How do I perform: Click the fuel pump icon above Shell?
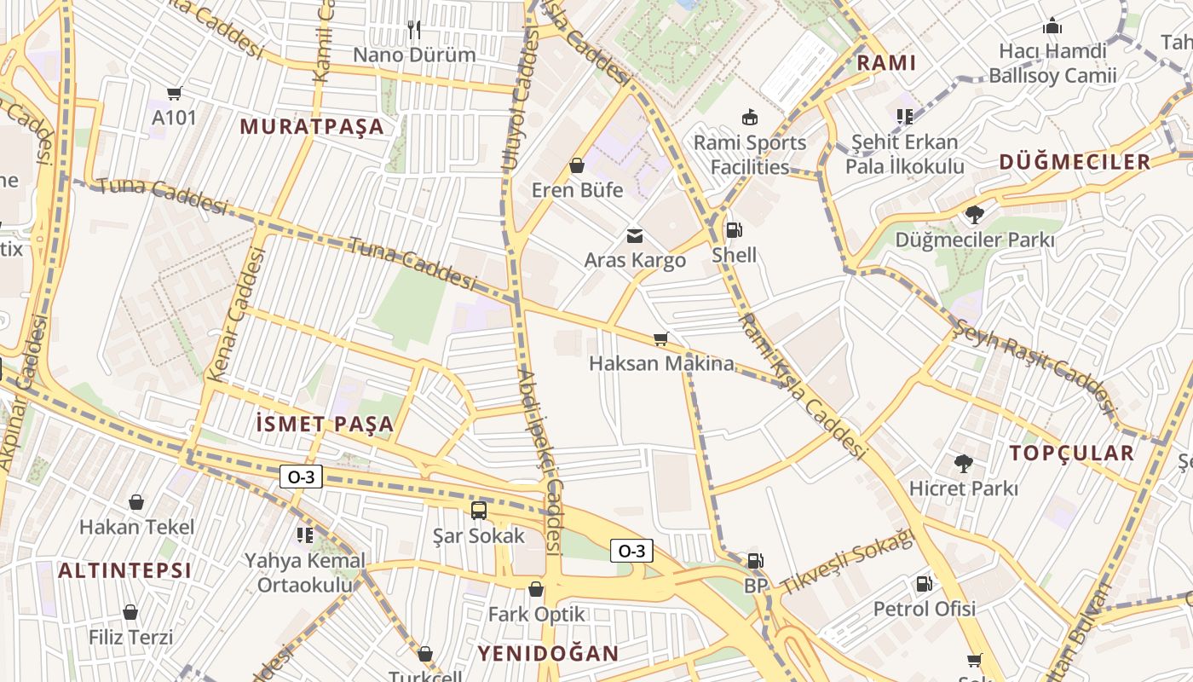click(733, 230)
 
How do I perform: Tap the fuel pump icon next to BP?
click(755, 561)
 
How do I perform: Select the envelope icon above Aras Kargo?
click(635, 236)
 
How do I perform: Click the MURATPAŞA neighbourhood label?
click(312, 127)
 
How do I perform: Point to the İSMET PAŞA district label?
click(325, 424)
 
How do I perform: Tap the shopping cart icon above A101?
click(175, 94)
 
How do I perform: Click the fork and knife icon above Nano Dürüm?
click(414, 31)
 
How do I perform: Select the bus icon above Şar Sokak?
click(479, 511)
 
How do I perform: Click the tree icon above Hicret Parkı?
click(964, 464)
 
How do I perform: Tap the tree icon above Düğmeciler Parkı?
click(974, 215)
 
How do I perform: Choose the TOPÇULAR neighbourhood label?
click(1072, 453)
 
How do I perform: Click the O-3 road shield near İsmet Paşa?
click(301, 477)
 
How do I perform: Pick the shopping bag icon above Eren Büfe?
click(577, 165)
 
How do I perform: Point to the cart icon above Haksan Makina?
click(660, 339)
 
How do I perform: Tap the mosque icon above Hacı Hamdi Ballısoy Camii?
click(1052, 26)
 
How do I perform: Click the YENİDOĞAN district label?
click(547, 654)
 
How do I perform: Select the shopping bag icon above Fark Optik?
click(536, 589)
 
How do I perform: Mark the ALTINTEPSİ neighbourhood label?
click(124, 570)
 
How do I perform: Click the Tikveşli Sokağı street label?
click(847, 564)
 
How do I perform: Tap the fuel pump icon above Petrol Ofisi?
click(924, 584)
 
